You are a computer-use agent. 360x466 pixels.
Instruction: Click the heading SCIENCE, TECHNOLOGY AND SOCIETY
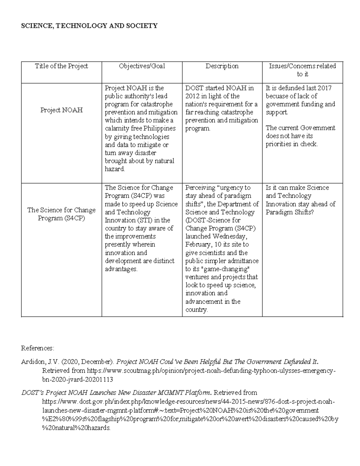coord(89,26)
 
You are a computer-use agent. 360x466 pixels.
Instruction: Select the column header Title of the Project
coord(61,66)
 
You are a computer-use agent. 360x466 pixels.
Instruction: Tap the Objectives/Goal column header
coord(142,66)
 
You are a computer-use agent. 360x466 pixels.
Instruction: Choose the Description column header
coord(222,66)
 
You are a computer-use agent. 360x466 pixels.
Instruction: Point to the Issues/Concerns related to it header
coord(302,70)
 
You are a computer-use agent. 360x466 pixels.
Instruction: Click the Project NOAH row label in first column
coord(61,110)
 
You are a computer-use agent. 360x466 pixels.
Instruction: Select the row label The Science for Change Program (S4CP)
coord(61,214)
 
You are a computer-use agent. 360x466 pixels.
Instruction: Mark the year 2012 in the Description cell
coord(192,96)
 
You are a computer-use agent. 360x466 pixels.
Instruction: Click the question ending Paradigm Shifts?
coord(289,212)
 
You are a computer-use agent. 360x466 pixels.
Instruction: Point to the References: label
coord(37,348)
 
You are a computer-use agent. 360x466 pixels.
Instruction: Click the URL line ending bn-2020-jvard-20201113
coord(77,380)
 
